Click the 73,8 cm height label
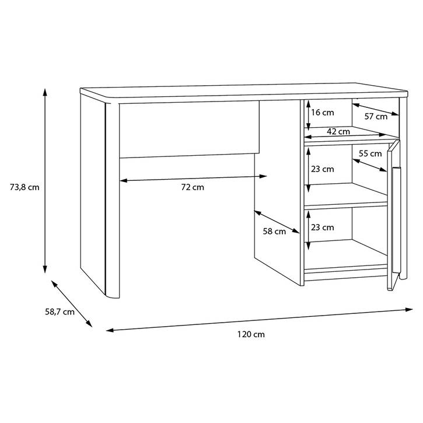[x=25, y=187]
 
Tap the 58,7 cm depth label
[x=60, y=312]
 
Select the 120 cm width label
[x=251, y=334]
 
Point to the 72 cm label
[x=193, y=187]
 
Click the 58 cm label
[x=274, y=231]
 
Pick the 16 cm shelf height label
[x=323, y=112]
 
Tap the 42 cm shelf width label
[x=338, y=132]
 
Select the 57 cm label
[x=376, y=117]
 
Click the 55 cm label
[x=370, y=153]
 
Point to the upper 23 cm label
[x=323, y=169]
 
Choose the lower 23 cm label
[x=323, y=228]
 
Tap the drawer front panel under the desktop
[x=190, y=129]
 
